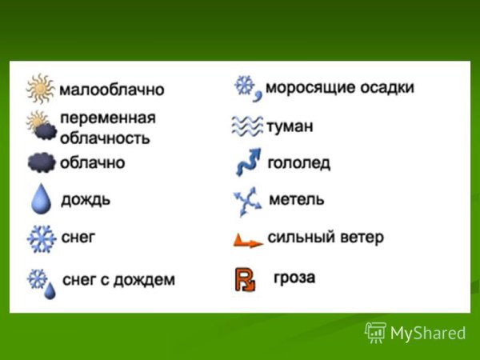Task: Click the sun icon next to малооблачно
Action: [40, 89]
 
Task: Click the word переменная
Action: [108, 118]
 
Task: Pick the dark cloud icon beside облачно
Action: [42, 162]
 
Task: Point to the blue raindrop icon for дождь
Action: [41, 198]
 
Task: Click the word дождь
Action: [86, 199]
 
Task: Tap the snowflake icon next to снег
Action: [40, 238]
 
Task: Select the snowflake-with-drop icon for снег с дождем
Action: [42, 282]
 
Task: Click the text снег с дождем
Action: [118, 280]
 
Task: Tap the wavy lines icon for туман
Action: [246, 126]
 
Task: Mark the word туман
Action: [290, 126]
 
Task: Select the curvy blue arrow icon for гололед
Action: [246, 163]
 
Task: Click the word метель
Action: [297, 199]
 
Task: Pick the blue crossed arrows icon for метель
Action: [247, 202]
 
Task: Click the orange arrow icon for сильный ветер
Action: [247, 239]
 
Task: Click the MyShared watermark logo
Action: [415, 333]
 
